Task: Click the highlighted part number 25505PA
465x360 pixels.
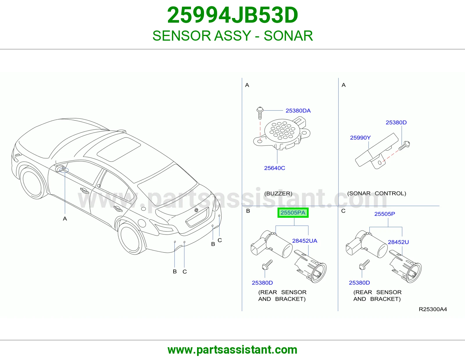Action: tap(293, 213)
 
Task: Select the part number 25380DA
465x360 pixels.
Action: tap(298, 111)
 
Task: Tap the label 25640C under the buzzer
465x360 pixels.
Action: tap(275, 168)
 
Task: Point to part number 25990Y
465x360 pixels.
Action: tap(360, 138)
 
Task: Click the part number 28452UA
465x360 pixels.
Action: tap(305, 241)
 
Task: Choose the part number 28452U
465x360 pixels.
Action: tap(398, 242)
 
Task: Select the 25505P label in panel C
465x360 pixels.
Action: tap(385, 214)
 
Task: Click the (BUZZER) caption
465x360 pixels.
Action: tap(278, 193)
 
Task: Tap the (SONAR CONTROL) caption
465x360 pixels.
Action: tap(377, 193)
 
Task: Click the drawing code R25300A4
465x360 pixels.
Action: tap(433, 309)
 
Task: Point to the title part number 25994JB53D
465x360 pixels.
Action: tap(233, 15)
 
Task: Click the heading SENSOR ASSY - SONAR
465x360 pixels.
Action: tap(233, 36)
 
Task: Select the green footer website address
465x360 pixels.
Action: tap(233, 350)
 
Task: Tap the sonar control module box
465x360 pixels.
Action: tap(377, 151)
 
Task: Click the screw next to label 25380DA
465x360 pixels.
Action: tap(260, 113)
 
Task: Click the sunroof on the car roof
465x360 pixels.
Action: tap(119, 149)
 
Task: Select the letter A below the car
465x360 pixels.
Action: tap(65, 219)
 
